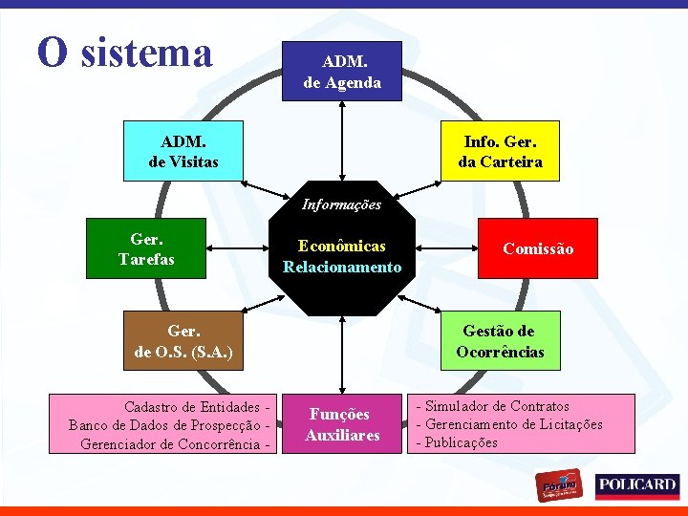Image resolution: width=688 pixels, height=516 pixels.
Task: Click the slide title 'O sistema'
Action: (x=124, y=53)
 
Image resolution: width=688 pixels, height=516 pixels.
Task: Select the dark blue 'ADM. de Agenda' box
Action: (x=341, y=72)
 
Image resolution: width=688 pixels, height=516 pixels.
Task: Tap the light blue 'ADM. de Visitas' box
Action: (x=183, y=151)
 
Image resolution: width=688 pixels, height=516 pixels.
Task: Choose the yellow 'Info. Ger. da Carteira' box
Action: (x=499, y=151)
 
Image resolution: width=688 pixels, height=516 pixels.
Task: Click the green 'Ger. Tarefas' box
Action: (x=145, y=248)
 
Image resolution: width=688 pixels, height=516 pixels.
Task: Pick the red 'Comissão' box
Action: (x=538, y=248)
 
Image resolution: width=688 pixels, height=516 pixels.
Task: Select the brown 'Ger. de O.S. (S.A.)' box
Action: (x=183, y=341)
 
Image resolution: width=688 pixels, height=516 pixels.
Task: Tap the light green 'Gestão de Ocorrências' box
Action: (x=499, y=340)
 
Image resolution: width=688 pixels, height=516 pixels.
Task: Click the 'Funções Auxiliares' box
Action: (x=342, y=424)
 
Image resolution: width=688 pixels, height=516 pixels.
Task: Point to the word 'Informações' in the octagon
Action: (x=341, y=204)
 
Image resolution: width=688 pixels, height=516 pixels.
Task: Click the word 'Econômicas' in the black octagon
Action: (x=341, y=246)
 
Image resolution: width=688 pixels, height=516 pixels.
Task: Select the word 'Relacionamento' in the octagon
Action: (x=342, y=267)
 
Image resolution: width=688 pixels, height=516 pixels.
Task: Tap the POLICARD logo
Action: (x=636, y=485)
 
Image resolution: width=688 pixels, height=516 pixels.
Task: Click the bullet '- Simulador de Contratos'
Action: (x=493, y=406)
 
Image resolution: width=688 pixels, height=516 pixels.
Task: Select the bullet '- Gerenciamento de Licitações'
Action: (x=509, y=424)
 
